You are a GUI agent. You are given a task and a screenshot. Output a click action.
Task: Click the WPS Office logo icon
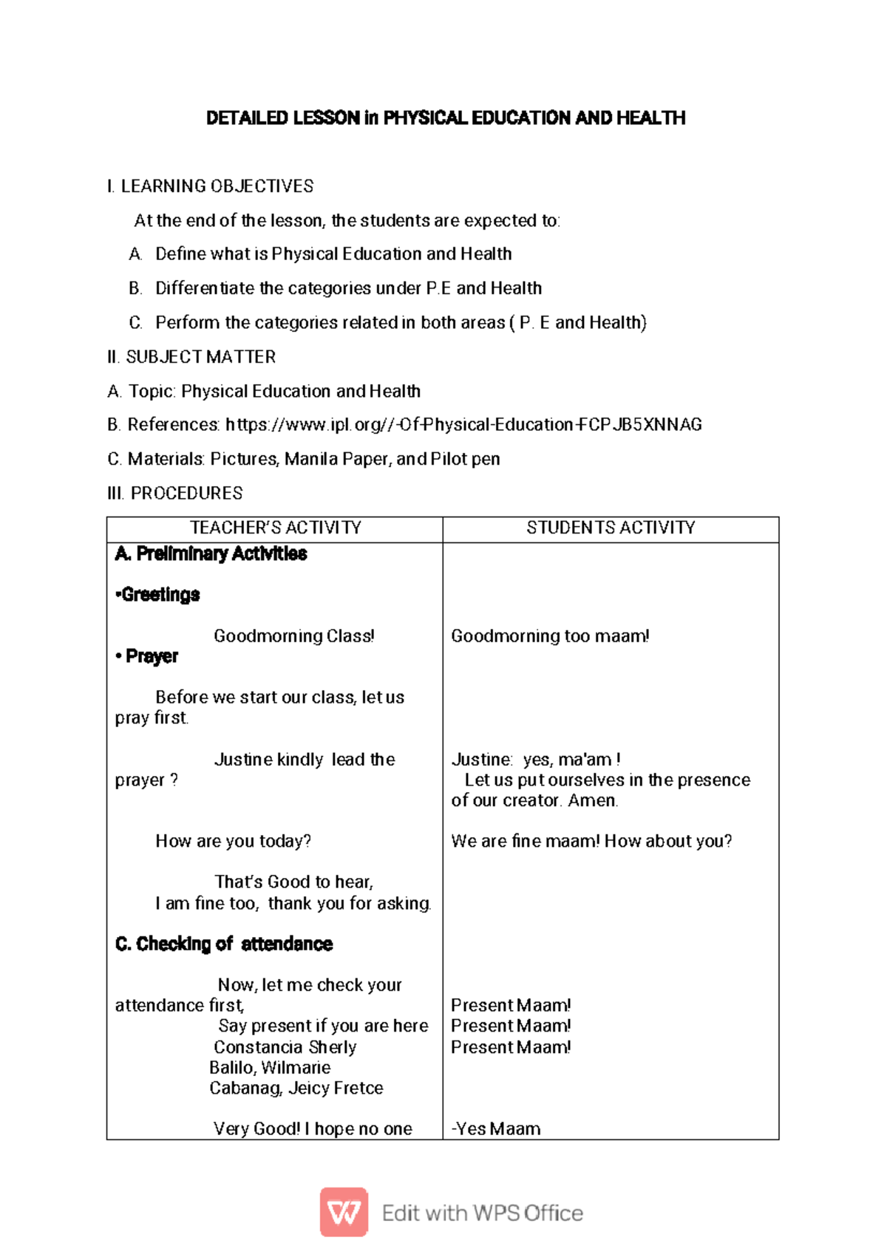pos(344,1212)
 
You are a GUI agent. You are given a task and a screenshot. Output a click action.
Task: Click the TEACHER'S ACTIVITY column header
pos(276,528)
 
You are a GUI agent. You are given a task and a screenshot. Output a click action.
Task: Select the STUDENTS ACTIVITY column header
pos(611,528)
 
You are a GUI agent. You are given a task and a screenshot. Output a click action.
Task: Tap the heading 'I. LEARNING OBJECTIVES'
pos(210,186)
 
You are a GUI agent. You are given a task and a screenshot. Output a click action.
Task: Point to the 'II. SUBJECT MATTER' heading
pos(191,357)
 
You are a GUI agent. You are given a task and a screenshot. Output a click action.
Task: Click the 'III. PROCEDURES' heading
pos(175,493)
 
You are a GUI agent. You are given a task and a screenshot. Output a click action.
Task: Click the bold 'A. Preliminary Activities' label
pos(211,553)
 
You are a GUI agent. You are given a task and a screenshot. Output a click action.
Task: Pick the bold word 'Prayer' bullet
pos(152,656)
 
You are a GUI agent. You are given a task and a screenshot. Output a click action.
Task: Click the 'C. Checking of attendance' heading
pos(224,944)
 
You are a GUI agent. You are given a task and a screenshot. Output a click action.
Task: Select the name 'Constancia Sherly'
pos(285,1047)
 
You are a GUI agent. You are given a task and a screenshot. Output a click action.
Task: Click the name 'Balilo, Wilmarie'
pos(270,1068)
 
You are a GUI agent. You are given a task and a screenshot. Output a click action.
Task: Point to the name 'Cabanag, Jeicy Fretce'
pos(296,1088)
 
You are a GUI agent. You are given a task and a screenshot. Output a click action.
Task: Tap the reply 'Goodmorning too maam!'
pos(550,636)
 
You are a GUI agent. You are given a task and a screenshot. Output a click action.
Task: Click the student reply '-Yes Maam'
pos(496,1129)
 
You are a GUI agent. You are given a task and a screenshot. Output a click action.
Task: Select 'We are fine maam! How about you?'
pos(591,842)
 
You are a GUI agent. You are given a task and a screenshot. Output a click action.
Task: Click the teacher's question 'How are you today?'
pos(233,842)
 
